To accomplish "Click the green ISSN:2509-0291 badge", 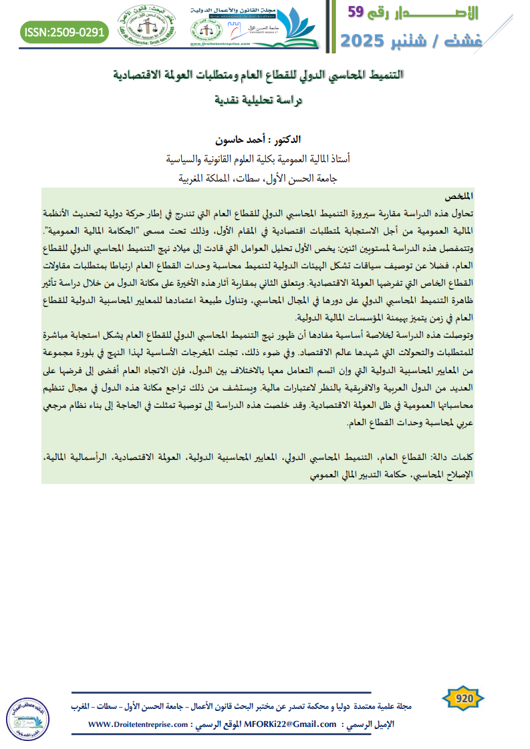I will pyautogui.click(x=63, y=31).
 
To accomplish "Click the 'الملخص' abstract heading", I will pyautogui.click(x=458, y=196).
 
